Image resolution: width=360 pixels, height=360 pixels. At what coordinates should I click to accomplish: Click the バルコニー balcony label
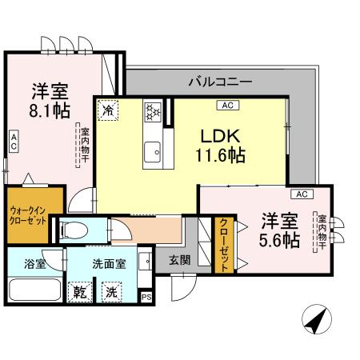click(220, 82)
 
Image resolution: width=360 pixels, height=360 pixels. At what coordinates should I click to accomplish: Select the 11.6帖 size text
click(218, 156)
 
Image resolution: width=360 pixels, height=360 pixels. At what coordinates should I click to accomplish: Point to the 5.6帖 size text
click(279, 239)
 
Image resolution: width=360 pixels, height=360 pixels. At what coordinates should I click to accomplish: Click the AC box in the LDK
click(226, 105)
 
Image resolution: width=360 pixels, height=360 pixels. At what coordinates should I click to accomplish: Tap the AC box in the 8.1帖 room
click(14, 142)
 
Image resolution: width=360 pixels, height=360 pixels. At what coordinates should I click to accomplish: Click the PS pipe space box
click(146, 296)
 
